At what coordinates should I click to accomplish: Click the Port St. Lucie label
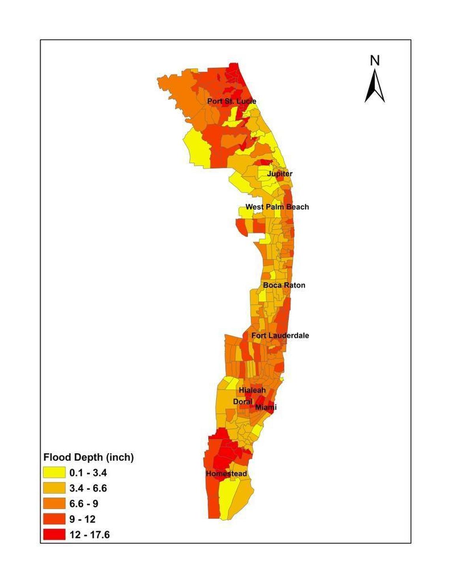tap(232, 102)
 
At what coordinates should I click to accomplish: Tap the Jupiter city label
tap(280, 174)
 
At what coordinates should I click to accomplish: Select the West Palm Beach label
tap(277, 207)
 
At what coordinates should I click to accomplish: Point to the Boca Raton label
tap(284, 285)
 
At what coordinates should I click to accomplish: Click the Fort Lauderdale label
tap(280, 336)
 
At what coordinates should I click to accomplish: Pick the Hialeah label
tap(252, 390)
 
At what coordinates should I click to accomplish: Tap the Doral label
tap(243, 402)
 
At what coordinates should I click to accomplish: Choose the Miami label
tap(266, 407)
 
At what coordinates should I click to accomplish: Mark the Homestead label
tap(226, 474)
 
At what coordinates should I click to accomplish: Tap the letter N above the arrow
tap(375, 60)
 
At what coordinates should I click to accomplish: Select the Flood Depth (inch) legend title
tap(88, 457)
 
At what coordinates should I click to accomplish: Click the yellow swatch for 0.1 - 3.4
tap(54, 473)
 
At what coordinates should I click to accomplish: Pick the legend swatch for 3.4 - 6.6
tap(54, 488)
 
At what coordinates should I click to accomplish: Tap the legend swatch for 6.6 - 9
tap(54, 504)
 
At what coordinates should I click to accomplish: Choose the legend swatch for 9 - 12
tap(54, 519)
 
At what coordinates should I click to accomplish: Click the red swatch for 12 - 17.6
tap(54, 534)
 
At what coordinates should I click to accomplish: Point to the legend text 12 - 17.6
tap(90, 535)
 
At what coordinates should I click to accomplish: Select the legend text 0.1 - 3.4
tap(88, 473)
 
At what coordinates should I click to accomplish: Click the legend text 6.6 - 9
tap(84, 504)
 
